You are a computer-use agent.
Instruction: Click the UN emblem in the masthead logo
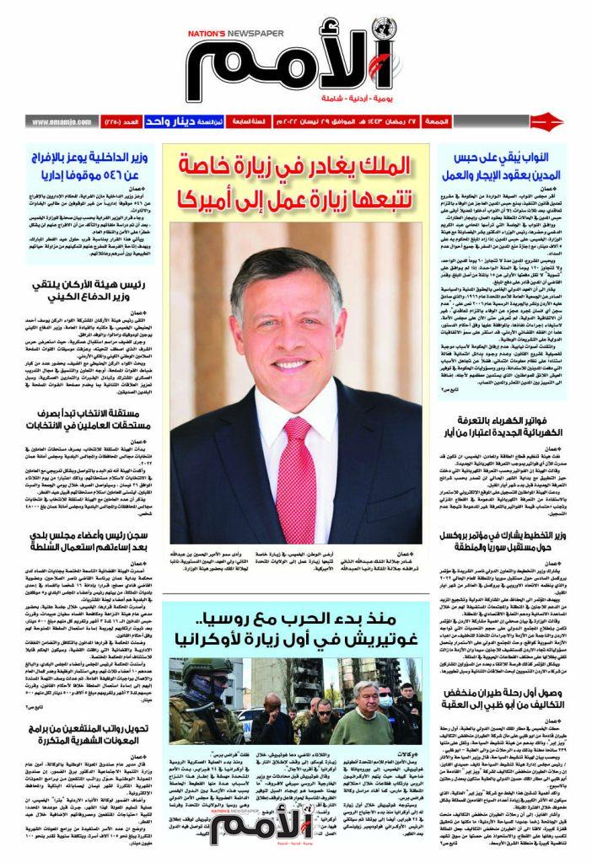click(385, 29)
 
